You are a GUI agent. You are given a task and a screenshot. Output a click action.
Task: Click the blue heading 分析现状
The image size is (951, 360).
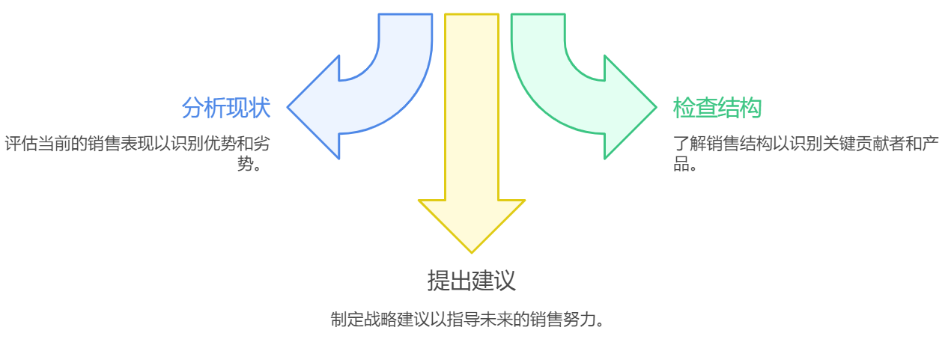click(225, 108)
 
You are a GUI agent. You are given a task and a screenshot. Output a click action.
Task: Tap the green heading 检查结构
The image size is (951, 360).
click(717, 108)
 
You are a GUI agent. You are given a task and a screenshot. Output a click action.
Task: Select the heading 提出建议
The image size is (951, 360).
click(471, 280)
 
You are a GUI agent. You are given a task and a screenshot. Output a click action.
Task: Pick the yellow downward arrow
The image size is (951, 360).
click(472, 135)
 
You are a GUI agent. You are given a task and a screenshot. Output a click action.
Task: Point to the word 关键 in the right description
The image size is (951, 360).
click(830, 144)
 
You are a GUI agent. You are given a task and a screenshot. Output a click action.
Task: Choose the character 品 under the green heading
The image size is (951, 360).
click(681, 163)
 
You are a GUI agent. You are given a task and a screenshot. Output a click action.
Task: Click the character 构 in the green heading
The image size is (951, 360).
click(750, 108)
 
